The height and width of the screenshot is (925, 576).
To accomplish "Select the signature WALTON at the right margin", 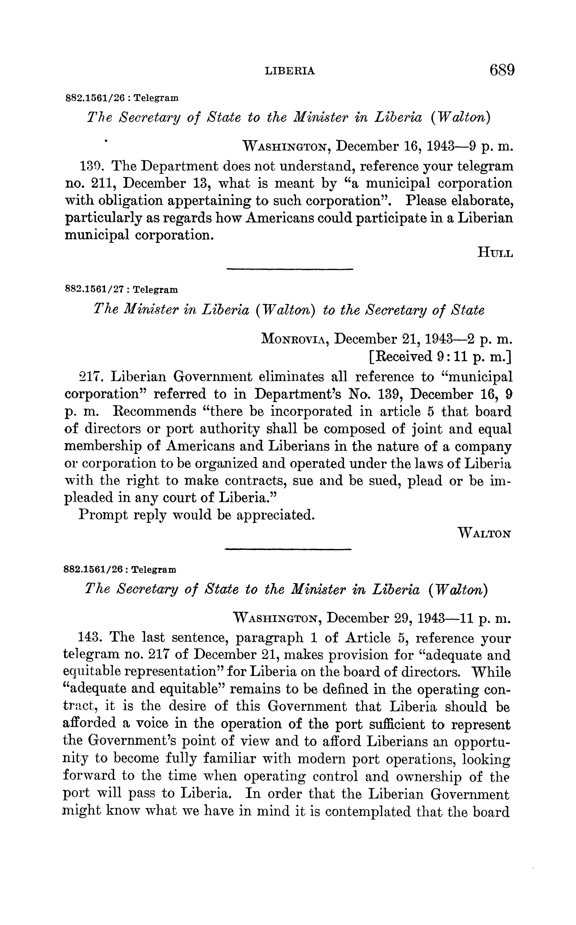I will pos(485,533).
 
